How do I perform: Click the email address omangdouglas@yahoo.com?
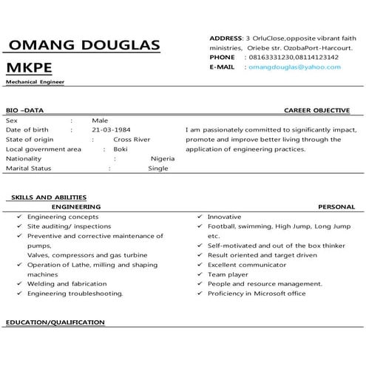[x=294, y=67]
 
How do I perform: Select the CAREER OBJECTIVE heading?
[x=316, y=110]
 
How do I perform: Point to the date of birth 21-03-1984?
[x=112, y=129]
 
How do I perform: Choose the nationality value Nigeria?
[x=162, y=158]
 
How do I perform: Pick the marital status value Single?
[x=158, y=169]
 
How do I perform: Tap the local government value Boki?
[x=120, y=149]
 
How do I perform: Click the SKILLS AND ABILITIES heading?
[x=49, y=197]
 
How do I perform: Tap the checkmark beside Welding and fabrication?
[x=18, y=284]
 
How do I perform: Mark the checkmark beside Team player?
[x=200, y=274]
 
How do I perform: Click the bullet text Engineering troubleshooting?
[x=75, y=294]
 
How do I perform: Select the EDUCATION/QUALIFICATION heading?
[x=55, y=323]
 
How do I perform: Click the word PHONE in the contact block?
[x=222, y=57]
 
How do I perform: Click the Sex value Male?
[x=100, y=120]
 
